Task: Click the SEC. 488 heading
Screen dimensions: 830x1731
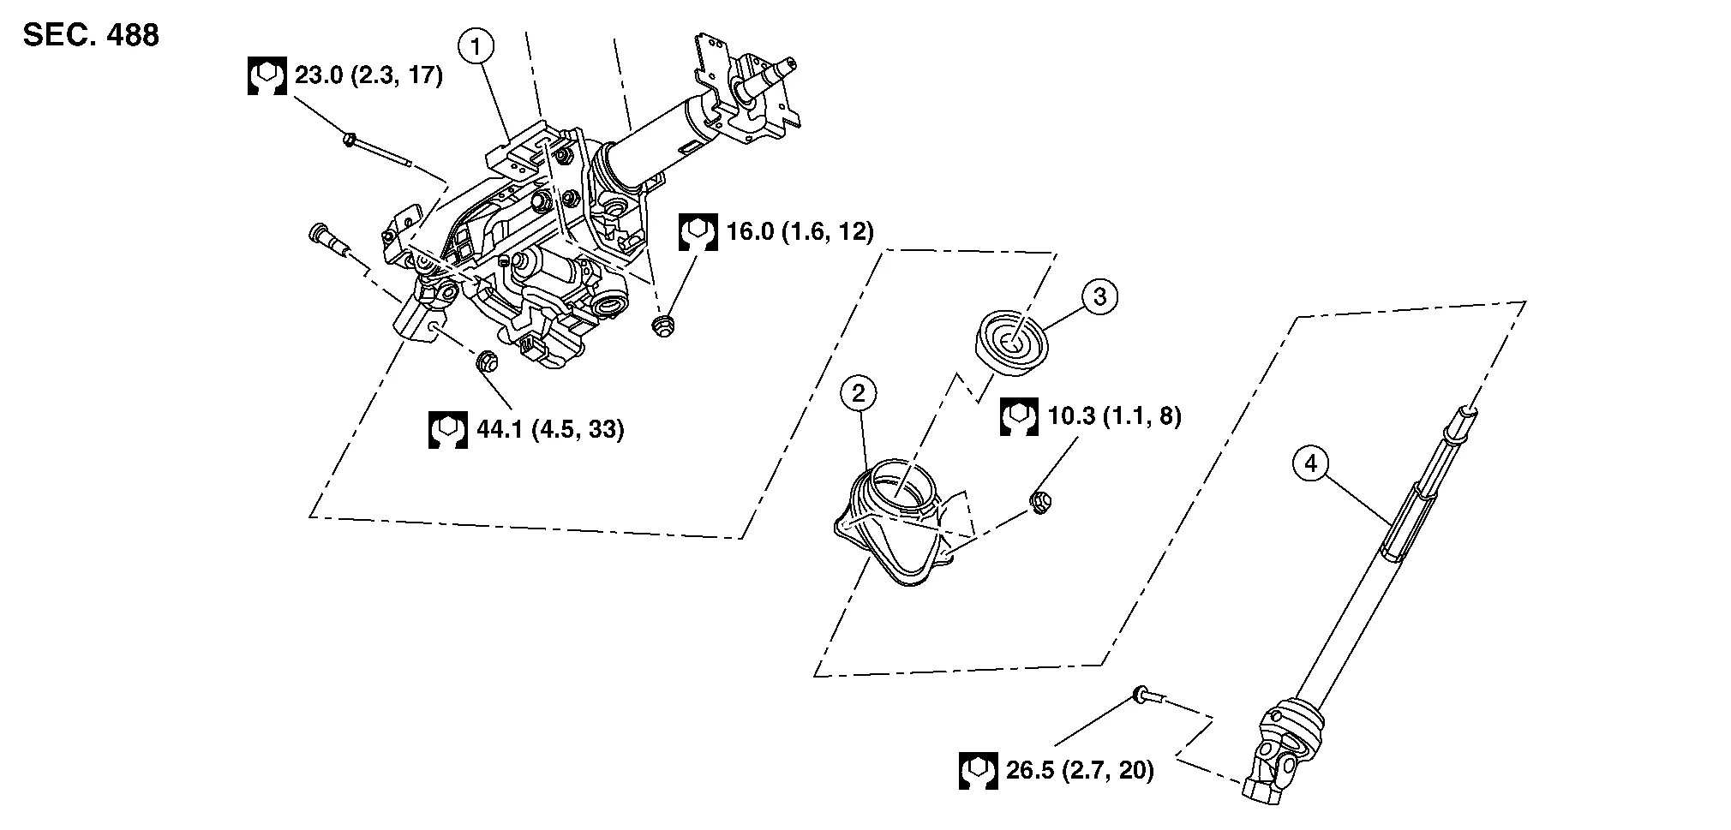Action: tap(91, 35)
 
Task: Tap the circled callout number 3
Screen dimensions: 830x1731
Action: tap(1100, 296)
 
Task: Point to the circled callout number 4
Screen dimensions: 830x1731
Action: tap(1310, 464)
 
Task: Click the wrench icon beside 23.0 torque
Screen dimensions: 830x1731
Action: tap(267, 76)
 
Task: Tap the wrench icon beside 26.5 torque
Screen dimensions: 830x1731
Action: tap(978, 770)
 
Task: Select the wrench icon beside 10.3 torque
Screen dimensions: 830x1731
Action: tap(1019, 417)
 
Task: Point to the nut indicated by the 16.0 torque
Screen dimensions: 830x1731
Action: tap(662, 325)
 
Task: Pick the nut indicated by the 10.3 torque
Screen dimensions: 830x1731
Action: tap(1040, 503)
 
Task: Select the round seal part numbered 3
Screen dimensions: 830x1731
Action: tap(1012, 343)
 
